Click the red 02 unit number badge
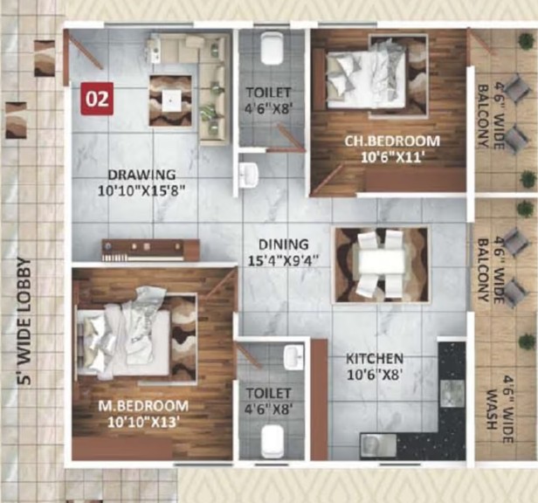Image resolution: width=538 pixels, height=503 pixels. pyautogui.click(x=97, y=99)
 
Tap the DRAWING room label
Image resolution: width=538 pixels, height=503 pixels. pyautogui.click(x=141, y=175)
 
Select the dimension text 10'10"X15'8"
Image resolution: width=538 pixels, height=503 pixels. pyautogui.click(x=141, y=190)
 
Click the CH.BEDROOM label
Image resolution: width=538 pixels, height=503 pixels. pyautogui.click(x=392, y=141)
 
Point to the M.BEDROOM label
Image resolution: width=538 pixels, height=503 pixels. pyautogui.click(x=143, y=406)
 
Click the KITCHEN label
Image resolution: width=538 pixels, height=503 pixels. pyautogui.click(x=375, y=359)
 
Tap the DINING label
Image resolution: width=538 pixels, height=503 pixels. pyautogui.click(x=283, y=245)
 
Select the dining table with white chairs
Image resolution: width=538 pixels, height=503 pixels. pyautogui.click(x=381, y=265)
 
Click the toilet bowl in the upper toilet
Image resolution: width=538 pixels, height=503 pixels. pyautogui.click(x=272, y=48)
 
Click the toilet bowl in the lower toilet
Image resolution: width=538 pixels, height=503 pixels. pyautogui.click(x=272, y=441)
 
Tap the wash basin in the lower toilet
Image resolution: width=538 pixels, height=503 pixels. pyautogui.click(x=294, y=358)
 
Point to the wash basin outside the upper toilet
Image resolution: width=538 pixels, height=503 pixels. pyautogui.click(x=248, y=175)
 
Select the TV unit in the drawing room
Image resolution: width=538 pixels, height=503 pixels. pyautogui.click(x=150, y=250)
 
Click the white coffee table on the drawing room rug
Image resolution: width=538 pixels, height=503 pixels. pyautogui.click(x=170, y=100)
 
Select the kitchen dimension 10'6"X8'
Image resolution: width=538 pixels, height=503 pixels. pyautogui.click(x=374, y=375)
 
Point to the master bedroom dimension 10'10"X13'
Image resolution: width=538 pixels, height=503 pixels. pyautogui.click(x=143, y=422)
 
